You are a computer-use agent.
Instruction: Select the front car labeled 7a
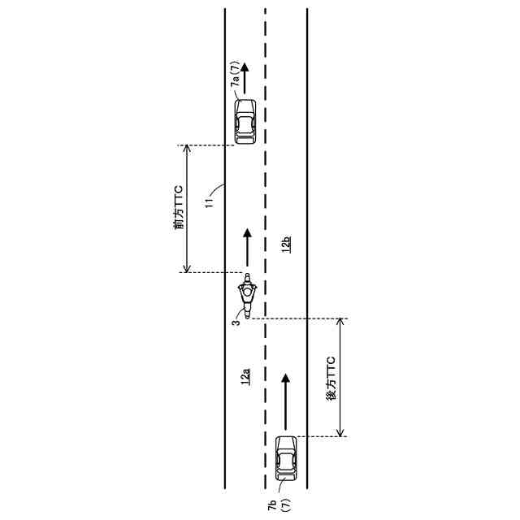pos(245,121)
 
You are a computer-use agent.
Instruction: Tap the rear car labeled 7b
pos(286,458)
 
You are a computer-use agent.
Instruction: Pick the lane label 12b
pos(286,243)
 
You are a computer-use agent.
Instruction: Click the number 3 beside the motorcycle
pos(234,323)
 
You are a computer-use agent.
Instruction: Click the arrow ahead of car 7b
pos(286,402)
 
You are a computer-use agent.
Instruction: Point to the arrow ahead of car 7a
pos(245,75)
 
